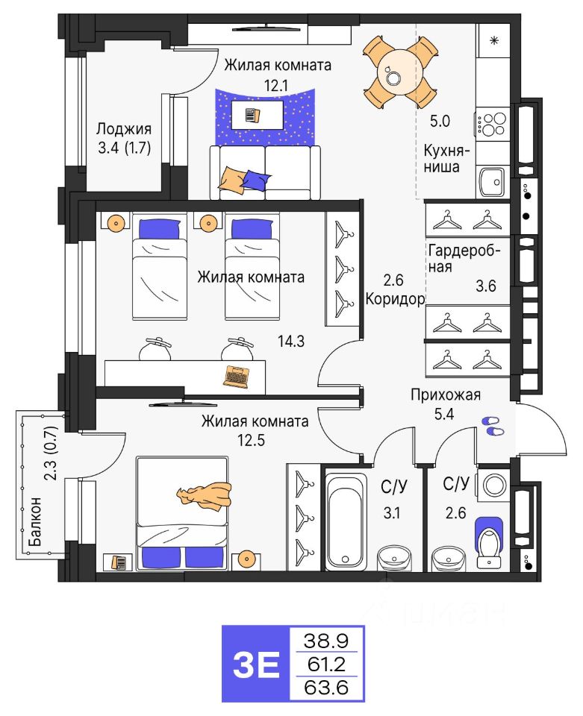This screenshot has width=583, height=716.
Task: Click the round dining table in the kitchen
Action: click(x=393, y=72)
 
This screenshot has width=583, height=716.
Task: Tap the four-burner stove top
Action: click(x=492, y=123)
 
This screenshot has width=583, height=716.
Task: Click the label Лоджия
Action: click(x=124, y=128)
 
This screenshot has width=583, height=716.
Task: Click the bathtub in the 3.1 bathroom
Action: click(x=344, y=519)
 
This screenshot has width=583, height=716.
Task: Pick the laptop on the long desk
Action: click(x=237, y=375)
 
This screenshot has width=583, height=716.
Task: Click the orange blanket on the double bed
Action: click(x=203, y=494)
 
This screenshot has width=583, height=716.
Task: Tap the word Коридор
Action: click(x=395, y=299)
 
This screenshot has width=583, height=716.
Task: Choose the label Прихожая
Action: click(x=446, y=395)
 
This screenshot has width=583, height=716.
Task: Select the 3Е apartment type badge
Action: click(x=256, y=662)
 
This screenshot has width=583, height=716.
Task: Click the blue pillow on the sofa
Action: click(x=257, y=179)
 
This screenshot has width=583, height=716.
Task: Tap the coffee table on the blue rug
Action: click(x=257, y=115)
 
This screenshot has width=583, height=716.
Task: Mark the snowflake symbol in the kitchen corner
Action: click(x=493, y=40)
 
